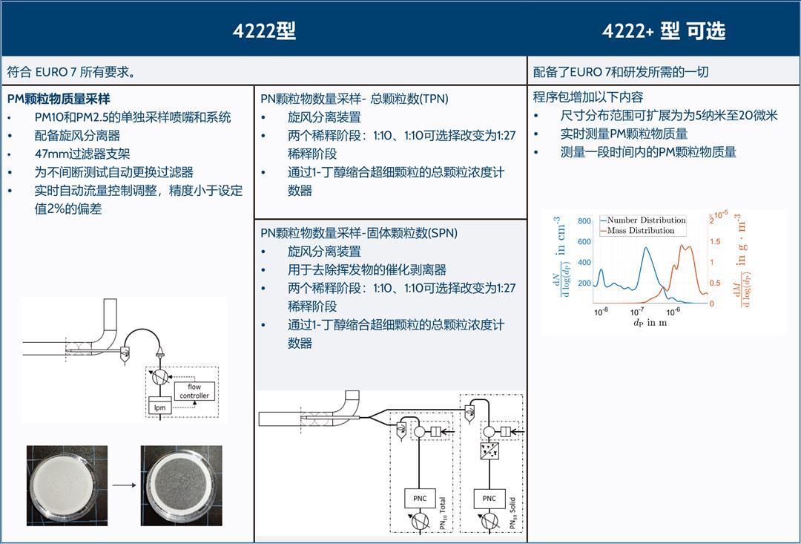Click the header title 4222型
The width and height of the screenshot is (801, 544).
264,31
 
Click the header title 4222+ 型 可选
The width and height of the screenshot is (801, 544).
664,31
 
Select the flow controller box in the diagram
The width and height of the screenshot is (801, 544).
194,391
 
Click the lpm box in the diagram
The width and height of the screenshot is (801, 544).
160,407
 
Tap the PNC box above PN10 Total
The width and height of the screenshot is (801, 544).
420,499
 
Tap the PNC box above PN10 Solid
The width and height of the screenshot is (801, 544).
489,499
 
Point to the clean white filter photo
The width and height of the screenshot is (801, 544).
67,485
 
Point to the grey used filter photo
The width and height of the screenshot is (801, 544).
182,485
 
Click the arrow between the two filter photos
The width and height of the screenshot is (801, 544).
124,485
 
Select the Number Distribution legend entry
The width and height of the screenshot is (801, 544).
643,220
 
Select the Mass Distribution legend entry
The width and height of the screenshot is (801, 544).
638,231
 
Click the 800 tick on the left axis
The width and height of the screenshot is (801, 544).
584,221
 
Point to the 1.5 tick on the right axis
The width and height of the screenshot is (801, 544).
715,241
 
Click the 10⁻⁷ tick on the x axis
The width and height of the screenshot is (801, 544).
637,312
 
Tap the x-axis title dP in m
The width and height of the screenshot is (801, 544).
650,323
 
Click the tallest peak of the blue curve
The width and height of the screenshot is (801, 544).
647,249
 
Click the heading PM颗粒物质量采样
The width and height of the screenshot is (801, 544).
59,99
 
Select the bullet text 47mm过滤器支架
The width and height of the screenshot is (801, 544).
82,154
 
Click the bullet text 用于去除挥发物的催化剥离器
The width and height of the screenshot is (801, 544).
367,269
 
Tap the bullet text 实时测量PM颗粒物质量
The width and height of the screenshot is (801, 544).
624,134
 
